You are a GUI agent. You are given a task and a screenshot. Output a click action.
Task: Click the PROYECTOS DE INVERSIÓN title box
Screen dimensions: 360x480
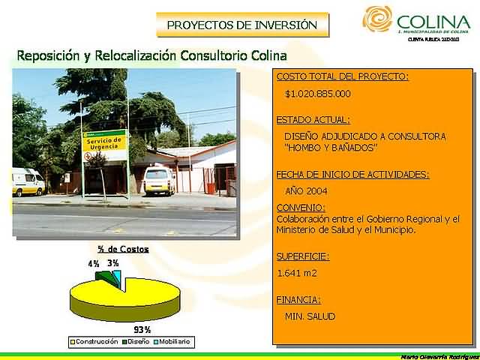click(x=241, y=25)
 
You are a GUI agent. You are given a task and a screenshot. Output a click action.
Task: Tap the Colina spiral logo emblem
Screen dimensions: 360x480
click(x=377, y=19)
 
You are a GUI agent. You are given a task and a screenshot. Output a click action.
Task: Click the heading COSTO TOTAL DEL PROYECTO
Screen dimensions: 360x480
click(x=342, y=76)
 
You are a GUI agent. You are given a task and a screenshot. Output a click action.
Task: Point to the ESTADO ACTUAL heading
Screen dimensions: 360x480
click(x=313, y=119)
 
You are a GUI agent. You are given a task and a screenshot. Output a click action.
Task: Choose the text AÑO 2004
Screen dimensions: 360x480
click(x=306, y=190)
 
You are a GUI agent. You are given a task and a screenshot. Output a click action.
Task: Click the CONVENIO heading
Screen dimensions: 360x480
click(x=301, y=207)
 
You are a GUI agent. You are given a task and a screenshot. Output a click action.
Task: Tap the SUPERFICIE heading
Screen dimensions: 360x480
click(x=302, y=256)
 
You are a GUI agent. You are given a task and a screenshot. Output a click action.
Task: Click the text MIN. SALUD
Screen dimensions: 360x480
click(x=310, y=316)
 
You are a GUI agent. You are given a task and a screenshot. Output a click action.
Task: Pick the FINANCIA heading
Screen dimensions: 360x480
click(x=298, y=299)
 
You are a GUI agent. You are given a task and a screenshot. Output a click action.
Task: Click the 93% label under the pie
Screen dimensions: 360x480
click(x=142, y=330)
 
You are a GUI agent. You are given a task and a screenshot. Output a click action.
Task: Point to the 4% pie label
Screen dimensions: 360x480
click(x=94, y=264)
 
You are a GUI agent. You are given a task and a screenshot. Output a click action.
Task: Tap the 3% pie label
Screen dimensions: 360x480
click(x=112, y=263)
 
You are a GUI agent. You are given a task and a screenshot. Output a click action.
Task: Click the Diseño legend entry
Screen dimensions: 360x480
click(x=136, y=342)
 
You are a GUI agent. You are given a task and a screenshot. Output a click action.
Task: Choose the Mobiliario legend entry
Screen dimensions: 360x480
click(x=172, y=342)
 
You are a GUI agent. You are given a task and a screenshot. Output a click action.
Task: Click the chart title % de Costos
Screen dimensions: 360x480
click(x=123, y=249)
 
